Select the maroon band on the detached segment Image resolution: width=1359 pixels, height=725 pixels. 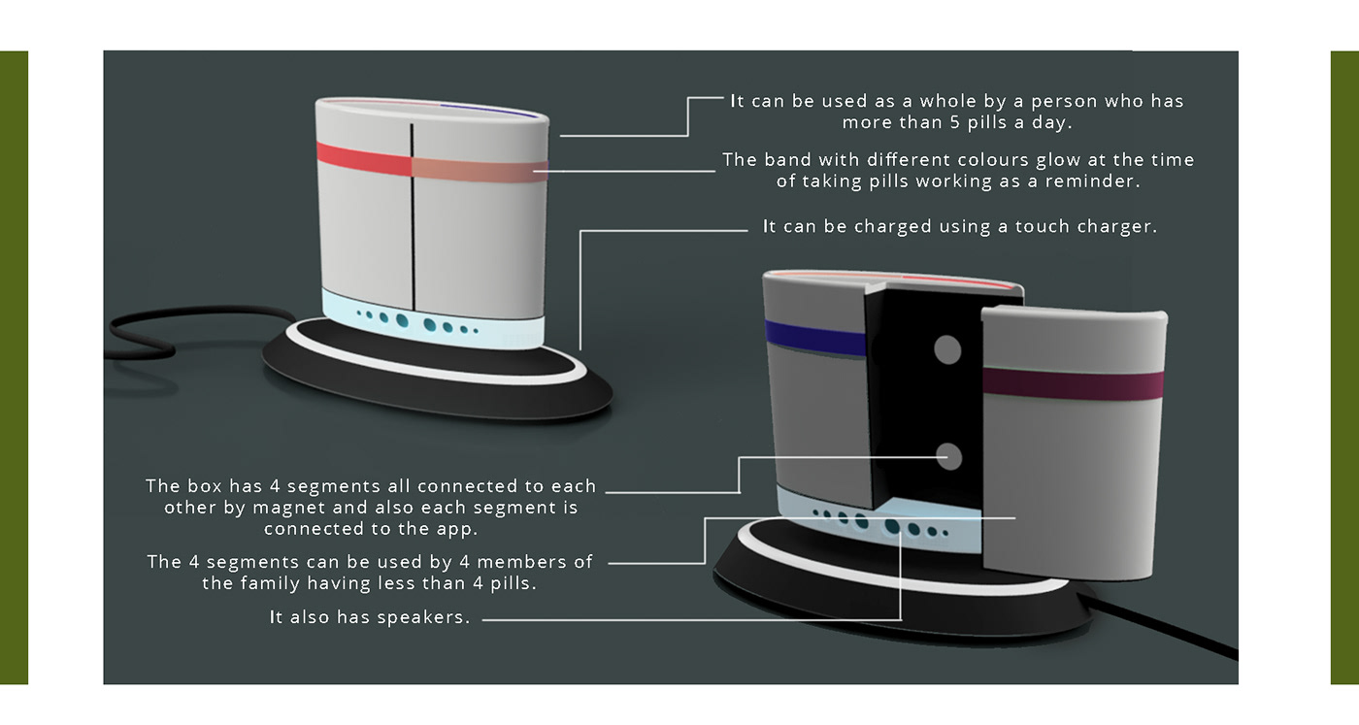[x=1073, y=382]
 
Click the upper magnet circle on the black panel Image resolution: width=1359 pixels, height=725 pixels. [x=946, y=349]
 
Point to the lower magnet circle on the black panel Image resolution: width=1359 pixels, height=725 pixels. [x=947, y=456]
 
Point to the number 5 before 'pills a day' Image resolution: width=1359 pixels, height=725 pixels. [x=955, y=123]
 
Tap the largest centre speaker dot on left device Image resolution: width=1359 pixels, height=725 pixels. [x=402, y=319]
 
